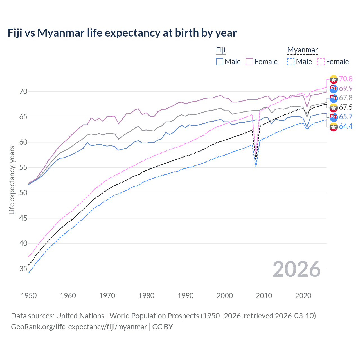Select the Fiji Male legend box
[x=220, y=62]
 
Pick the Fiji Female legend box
[x=249, y=62]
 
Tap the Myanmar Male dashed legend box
[x=291, y=62]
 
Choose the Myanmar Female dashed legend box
[x=321, y=62]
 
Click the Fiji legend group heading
[x=221, y=50]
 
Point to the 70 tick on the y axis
[x=23, y=92]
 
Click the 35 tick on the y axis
[x=23, y=269]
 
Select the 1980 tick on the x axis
[x=146, y=296]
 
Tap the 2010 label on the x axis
[x=264, y=296]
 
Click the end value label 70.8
[x=346, y=79]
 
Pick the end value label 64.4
[x=346, y=127]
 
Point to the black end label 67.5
[x=346, y=107]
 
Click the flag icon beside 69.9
[x=334, y=89]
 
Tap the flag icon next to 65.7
[x=334, y=117]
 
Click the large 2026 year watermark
[x=297, y=269]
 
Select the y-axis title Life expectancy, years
[x=12, y=180]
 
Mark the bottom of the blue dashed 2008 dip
[x=256, y=166]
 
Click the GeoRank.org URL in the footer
[x=79, y=327]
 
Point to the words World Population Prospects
[x=154, y=316]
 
